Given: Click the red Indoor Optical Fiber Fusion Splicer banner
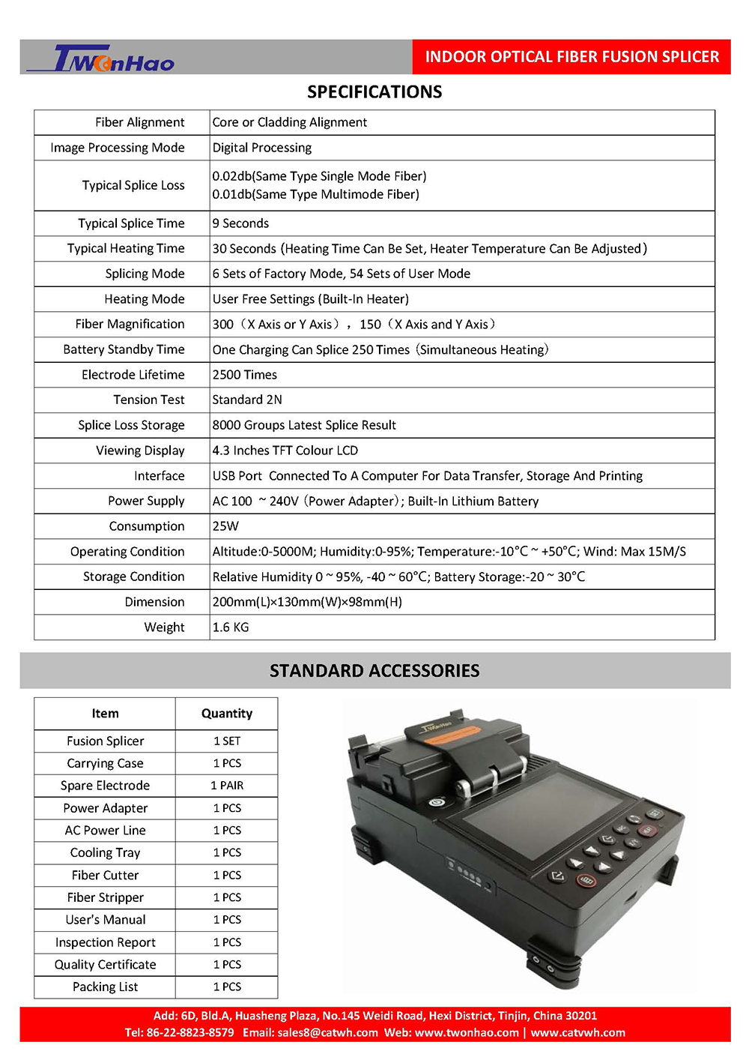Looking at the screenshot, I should pyautogui.click(x=571, y=57).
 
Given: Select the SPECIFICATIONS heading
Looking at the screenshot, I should pyautogui.click(x=374, y=92).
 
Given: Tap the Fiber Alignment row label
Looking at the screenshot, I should pyautogui.click(x=139, y=122).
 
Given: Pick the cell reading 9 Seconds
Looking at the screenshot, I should pyautogui.click(x=240, y=223).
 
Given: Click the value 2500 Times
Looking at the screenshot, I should pyautogui.click(x=245, y=375).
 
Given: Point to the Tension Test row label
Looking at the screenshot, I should pyautogui.click(x=148, y=400).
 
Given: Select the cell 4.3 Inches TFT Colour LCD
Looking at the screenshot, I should pyautogui.click(x=285, y=451).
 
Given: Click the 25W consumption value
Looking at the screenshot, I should pyautogui.click(x=225, y=526).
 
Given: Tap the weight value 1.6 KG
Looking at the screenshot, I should pyautogui.click(x=231, y=627).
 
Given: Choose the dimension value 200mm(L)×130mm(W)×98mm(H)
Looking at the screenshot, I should pyautogui.click(x=307, y=602).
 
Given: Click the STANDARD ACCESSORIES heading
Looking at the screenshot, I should pyautogui.click(x=374, y=671).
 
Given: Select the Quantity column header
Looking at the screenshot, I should pyautogui.click(x=227, y=714).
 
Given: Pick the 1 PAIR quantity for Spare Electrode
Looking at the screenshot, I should pyautogui.click(x=227, y=786).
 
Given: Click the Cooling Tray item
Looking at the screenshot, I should pyautogui.click(x=105, y=853).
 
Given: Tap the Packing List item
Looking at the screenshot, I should pyautogui.click(x=105, y=987).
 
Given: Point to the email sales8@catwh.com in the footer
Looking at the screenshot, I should pyautogui.click(x=327, y=1033).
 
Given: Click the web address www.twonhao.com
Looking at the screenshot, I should pyautogui.click(x=467, y=1033).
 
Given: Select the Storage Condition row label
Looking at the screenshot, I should pyautogui.click(x=133, y=576).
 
